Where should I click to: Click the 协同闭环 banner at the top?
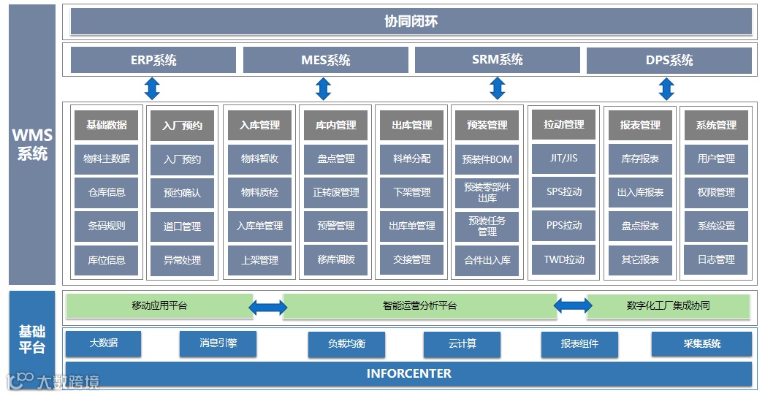click(x=411, y=22)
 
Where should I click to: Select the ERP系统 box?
click(x=153, y=60)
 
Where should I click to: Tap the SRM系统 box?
click(x=497, y=60)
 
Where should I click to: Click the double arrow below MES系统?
click(x=324, y=88)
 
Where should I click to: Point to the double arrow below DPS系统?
click(x=666, y=88)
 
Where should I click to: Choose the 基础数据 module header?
click(x=107, y=125)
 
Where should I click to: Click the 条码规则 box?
click(x=107, y=226)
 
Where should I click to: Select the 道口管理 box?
click(x=182, y=226)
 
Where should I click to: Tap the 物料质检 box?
click(x=259, y=193)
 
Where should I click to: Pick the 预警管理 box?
click(x=335, y=226)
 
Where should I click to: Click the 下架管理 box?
click(x=411, y=193)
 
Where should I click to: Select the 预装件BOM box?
click(x=487, y=159)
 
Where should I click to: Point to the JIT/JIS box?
click(x=564, y=159)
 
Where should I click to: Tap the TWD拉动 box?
click(x=564, y=259)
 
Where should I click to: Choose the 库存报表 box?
click(x=640, y=159)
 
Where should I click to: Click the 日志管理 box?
click(x=716, y=260)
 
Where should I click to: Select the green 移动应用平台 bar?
click(x=159, y=306)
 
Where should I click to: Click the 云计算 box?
click(x=462, y=343)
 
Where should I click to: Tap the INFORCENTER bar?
click(x=408, y=374)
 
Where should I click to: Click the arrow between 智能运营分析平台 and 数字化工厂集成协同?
click(x=573, y=306)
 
